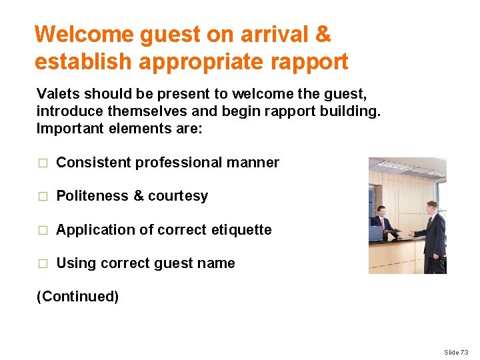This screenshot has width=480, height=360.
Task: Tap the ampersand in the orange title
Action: click(322, 34)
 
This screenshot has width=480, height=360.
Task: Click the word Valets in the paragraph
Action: click(57, 93)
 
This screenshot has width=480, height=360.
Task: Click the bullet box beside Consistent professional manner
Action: click(42, 163)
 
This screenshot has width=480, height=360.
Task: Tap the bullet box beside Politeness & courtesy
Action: click(42, 197)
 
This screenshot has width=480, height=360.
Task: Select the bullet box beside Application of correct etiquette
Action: click(42, 230)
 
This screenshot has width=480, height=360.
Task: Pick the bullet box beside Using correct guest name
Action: click(42, 264)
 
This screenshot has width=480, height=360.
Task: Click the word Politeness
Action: click(92, 196)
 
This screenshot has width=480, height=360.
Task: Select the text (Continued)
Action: click(77, 297)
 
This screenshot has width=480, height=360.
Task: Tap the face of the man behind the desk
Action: click(381, 213)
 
